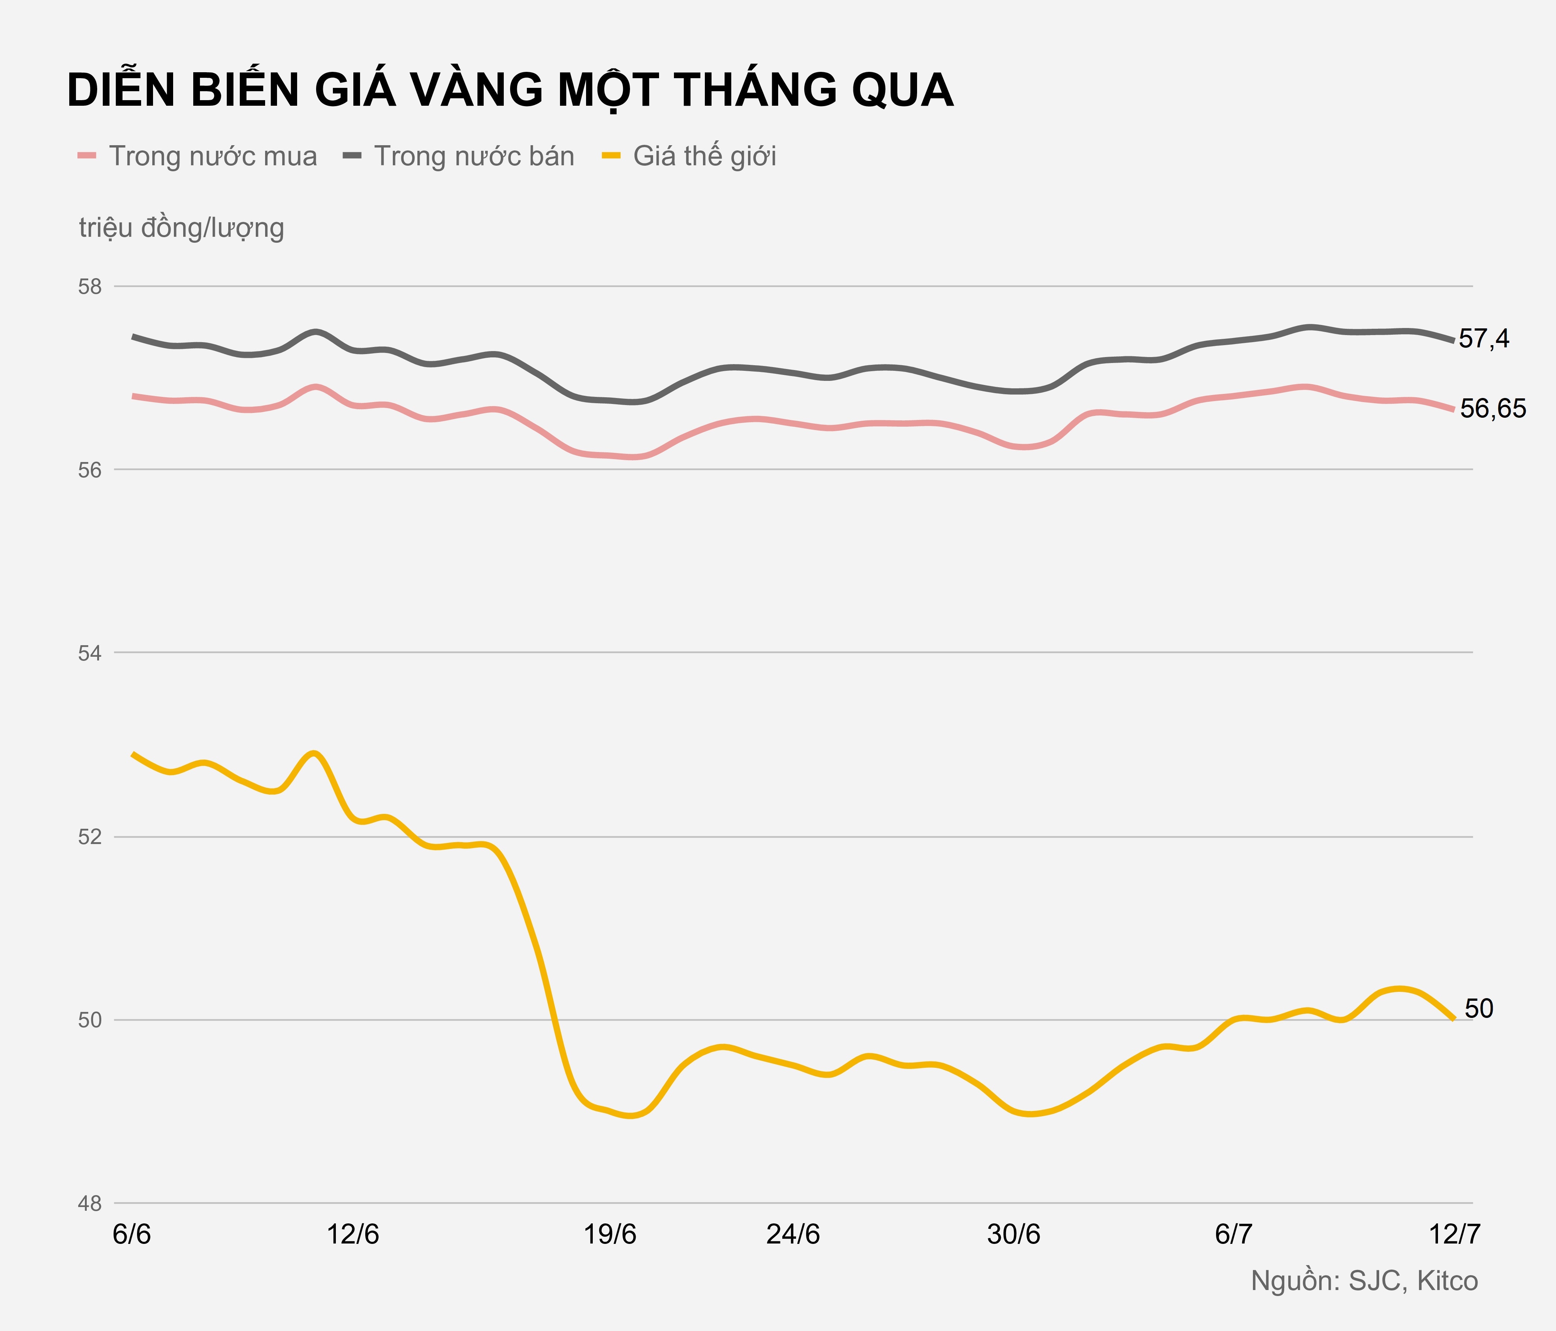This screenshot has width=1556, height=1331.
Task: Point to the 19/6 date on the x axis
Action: tap(610, 1235)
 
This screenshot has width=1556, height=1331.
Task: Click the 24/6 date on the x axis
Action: tap(793, 1235)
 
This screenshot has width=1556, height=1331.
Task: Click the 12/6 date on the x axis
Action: tap(353, 1235)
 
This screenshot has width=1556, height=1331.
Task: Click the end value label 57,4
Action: tap(1483, 339)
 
